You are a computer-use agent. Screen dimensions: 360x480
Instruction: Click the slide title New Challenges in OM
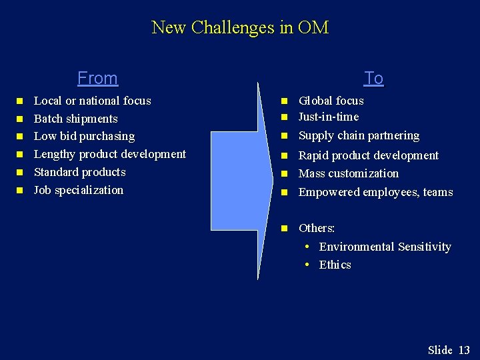point(240,27)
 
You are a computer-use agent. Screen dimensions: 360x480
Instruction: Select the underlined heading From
point(97,78)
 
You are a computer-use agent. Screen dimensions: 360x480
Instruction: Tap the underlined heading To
point(374,78)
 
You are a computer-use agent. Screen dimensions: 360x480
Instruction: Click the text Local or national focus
point(92,101)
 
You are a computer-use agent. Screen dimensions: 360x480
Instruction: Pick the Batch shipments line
point(75,119)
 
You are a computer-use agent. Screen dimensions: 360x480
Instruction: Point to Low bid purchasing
point(84,136)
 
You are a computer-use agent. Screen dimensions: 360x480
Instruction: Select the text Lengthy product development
point(109,154)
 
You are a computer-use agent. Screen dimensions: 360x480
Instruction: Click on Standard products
point(79,172)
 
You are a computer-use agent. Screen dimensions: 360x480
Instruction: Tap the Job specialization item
point(78,190)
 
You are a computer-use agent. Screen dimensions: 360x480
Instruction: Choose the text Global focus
point(331,101)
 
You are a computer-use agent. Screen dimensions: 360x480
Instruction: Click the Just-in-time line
point(328,117)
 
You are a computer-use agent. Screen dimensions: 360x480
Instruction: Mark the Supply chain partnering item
point(359,135)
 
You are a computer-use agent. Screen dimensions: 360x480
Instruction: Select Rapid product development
point(368,155)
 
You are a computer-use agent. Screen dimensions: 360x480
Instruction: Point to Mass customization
point(348,173)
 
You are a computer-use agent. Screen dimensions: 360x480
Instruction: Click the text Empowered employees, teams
point(375,192)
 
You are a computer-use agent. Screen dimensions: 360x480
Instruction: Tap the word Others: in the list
point(317,228)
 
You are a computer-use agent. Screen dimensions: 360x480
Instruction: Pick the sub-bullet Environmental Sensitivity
point(385,247)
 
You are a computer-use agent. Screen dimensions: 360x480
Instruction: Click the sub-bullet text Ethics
point(335,265)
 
